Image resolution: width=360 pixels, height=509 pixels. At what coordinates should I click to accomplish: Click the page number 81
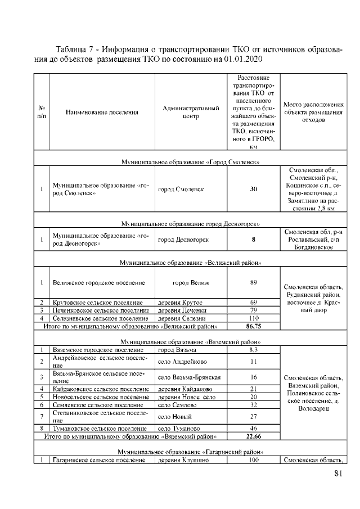pyautogui.click(x=337, y=474)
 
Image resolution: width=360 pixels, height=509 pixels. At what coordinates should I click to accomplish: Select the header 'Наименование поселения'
pyautogui.click(x=102, y=112)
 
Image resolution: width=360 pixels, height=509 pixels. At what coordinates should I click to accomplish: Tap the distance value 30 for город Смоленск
pyautogui.click(x=253, y=189)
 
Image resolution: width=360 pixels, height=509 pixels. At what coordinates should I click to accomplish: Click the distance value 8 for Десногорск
pyautogui.click(x=253, y=240)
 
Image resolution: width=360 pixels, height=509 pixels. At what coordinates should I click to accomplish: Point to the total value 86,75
pyautogui.click(x=253, y=326)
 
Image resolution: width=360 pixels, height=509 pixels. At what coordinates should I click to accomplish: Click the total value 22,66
pyautogui.click(x=253, y=435)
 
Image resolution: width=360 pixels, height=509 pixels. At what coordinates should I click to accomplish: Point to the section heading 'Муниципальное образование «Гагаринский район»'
pyautogui.click(x=190, y=452)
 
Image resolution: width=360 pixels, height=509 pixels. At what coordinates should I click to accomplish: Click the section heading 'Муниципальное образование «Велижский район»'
pyautogui.click(x=190, y=263)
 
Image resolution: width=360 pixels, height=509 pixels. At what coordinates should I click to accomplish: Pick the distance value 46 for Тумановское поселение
pyautogui.click(x=253, y=428)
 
